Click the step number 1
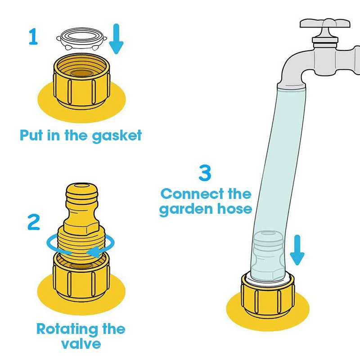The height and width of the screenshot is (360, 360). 33,37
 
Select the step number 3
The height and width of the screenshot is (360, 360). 205,173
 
